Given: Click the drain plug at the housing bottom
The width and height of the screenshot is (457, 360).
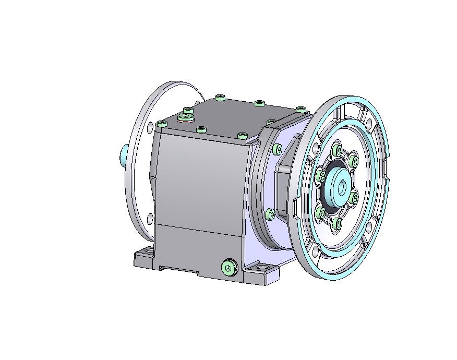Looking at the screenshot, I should pos(228,268).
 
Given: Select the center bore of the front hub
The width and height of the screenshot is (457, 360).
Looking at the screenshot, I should pos(343,186).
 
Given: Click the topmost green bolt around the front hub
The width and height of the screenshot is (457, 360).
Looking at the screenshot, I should pos(339,151).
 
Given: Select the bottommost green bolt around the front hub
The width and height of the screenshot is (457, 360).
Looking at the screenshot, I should pos(337,224).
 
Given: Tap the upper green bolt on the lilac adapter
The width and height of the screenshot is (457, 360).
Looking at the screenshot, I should pos(276,150).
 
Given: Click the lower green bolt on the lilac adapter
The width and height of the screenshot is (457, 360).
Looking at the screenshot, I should pos(270,214).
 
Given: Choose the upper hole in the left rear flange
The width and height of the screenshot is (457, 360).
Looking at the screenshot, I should pos(150,127).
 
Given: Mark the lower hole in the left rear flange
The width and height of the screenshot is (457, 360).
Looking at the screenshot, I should pos(150,218).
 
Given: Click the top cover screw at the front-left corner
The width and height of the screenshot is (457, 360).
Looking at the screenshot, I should pos(162,124).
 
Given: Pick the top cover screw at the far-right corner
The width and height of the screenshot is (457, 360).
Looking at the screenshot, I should pos(301,109).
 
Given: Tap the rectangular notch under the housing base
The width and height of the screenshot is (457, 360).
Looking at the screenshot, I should pos(179,270).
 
